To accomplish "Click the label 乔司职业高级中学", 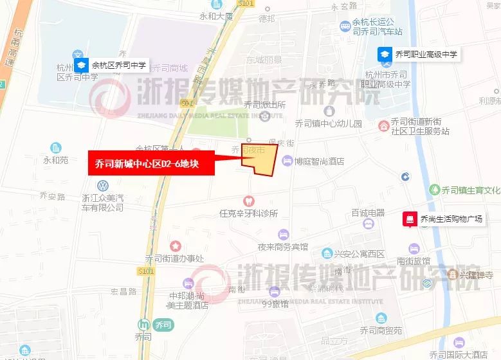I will pos(425,55).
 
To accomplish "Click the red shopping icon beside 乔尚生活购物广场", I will pos(408,219).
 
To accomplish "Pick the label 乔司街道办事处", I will pos(174,259).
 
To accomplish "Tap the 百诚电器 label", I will pos(368,213).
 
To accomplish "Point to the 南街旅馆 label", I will pos(414,261).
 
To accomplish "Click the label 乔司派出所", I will pos(264,105).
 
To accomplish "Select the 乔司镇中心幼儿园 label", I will pos(328,123).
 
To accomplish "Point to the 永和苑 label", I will pos(55,160).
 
